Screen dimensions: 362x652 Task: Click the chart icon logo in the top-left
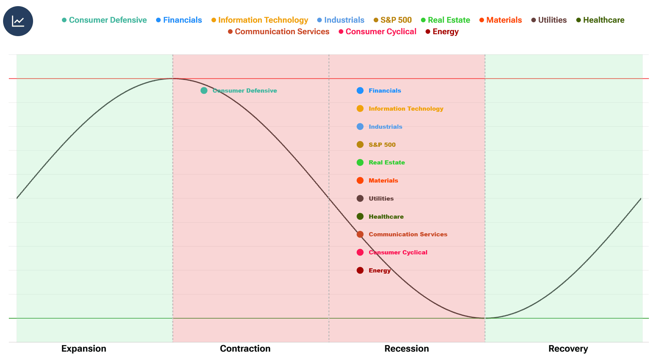click(18, 21)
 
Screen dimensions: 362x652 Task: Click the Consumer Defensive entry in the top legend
click(104, 20)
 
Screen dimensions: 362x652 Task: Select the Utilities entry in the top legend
click(549, 20)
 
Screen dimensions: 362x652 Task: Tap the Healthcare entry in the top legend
click(600, 20)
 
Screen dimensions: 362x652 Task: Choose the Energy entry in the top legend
click(442, 32)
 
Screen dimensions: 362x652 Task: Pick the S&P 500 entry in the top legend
click(393, 20)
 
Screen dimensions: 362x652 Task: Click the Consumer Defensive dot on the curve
click(204, 91)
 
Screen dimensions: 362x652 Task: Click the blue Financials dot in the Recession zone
click(360, 91)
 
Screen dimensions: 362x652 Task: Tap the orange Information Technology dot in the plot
click(360, 109)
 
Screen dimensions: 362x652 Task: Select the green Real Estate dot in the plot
click(360, 163)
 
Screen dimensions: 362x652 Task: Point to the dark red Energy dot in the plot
click(360, 271)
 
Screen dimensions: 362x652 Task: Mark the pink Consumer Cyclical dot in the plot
click(360, 252)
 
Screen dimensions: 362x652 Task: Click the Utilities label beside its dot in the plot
click(381, 199)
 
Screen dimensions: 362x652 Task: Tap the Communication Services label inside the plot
click(408, 234)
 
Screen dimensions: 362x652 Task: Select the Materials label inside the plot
click(383, 181)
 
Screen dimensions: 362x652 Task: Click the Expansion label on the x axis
click(84, 349)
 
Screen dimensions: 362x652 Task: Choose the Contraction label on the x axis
click(245, 349)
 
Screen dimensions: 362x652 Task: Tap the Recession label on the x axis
click(407, 349)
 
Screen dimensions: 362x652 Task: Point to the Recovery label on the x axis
click(568, 349)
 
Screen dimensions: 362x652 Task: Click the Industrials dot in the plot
click(360, 127)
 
